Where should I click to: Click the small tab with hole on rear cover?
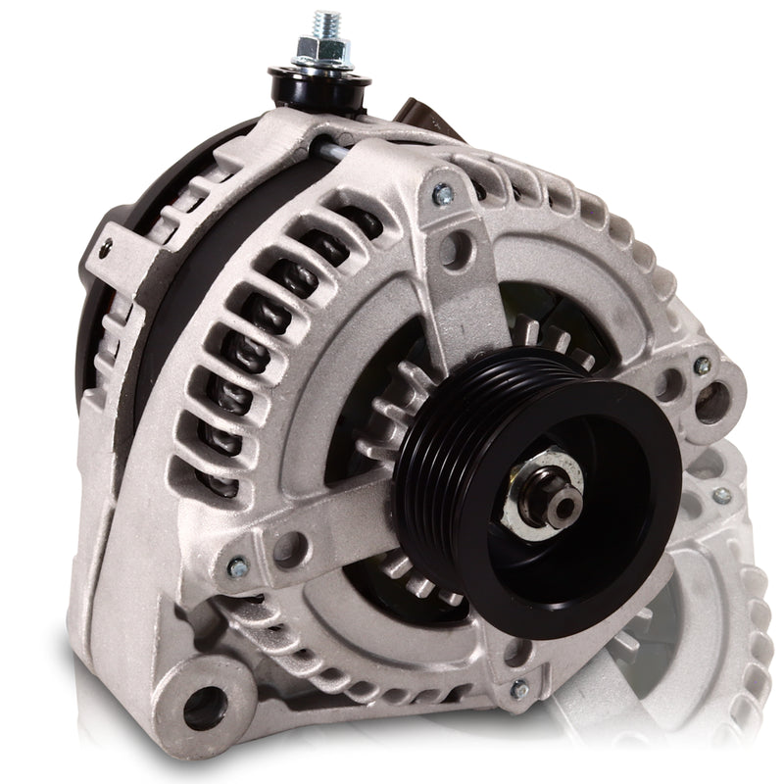click(x=110, y=245)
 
